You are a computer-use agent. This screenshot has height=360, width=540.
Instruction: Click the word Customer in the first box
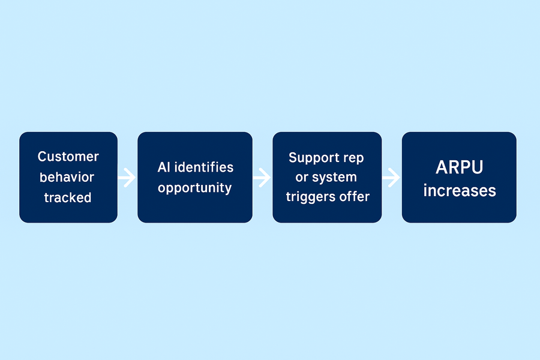pos(68,157)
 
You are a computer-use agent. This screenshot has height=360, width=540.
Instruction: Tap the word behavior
pos(68,177)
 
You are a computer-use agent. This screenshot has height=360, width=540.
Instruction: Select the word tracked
pos(68,197)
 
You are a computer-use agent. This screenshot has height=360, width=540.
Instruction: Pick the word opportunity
pos(194,188)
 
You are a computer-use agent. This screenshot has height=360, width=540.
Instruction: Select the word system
pos(334,178)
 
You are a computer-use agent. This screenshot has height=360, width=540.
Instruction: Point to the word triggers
pos(311,197)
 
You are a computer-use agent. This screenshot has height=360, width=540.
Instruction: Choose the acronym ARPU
pos(459,167)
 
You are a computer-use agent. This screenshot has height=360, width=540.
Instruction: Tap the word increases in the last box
pos(460,191)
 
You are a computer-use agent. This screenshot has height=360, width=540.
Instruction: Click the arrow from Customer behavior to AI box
pos(127,178)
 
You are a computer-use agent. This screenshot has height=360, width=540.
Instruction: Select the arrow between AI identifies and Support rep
pos(262,178)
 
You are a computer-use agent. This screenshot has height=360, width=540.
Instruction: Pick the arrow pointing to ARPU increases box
pos(391,178)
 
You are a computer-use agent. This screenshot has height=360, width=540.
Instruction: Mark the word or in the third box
pos(302,178)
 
